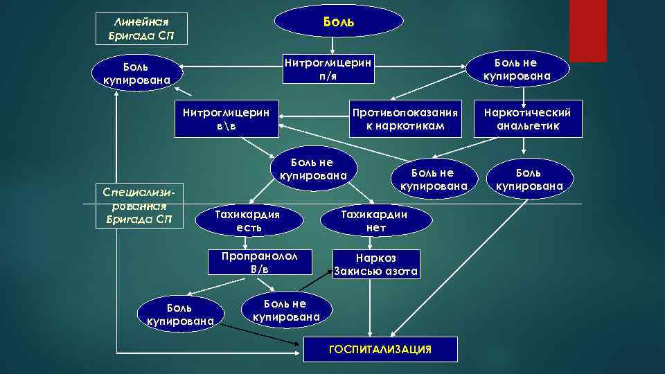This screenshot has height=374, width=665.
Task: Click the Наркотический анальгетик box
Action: (522, 119)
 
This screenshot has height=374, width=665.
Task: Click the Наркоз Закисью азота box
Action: (376, 264)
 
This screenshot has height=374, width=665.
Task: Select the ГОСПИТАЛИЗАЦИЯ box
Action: (380, 349)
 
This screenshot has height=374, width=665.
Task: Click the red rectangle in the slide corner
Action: (587, 30)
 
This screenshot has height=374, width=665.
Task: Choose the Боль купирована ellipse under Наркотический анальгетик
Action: (529, 179)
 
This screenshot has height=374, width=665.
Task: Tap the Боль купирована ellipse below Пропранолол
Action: (180, 314)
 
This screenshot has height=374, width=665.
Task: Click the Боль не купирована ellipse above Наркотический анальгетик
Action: (516, 68)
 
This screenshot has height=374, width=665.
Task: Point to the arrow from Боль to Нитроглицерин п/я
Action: (332, 46)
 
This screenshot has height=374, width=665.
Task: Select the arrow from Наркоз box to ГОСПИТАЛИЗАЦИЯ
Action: (376, 308)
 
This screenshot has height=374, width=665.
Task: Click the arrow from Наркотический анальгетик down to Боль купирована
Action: (524, 146)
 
